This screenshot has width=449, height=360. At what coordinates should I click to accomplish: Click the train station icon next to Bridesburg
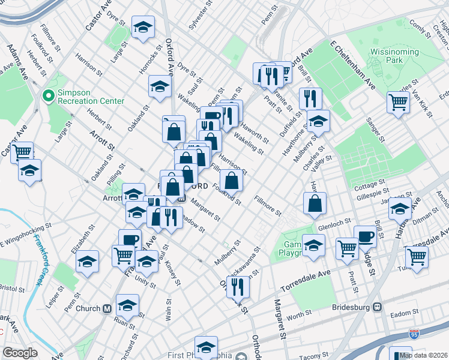coord(378,307)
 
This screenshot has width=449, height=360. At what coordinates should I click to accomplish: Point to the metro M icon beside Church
coord(107,309)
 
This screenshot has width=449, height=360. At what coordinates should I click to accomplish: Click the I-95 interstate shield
coord(414,332)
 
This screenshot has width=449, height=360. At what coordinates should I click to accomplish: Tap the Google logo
coord(20,353)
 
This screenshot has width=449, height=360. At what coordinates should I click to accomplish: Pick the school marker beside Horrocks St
coord(160,86)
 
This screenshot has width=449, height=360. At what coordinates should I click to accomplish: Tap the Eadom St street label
coord(403,313)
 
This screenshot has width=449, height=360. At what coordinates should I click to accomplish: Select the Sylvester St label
coord(200,14)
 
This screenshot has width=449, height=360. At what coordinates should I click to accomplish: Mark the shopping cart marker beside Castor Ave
coord(22,152)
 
